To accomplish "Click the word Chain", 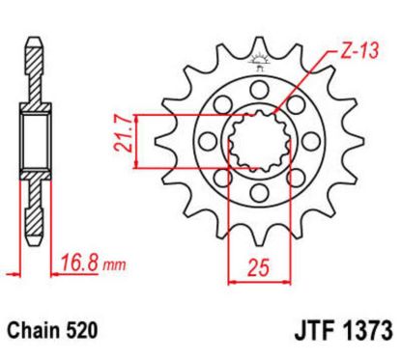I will (37, 331).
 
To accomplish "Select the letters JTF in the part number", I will (307, 331).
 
